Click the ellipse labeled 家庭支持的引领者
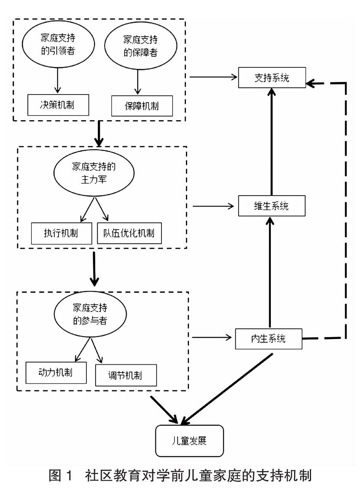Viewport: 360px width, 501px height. click(58, 44)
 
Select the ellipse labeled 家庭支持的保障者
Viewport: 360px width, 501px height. click(140, 46)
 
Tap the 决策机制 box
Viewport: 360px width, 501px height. click(58, 105)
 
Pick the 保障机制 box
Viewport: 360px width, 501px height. click(142, 106)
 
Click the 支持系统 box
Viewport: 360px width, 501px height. click(272, 78)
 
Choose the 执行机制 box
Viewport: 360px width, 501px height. click(61, 233)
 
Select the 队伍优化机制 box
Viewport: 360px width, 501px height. click(129, 233)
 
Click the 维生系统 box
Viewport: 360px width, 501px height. click(272, 206)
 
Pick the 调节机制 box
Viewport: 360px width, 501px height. click(125, 375)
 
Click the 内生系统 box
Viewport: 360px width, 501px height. click(269, 339)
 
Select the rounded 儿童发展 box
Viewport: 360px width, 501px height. click(189, 441)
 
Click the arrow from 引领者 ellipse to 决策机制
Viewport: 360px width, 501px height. click(58, 80)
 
